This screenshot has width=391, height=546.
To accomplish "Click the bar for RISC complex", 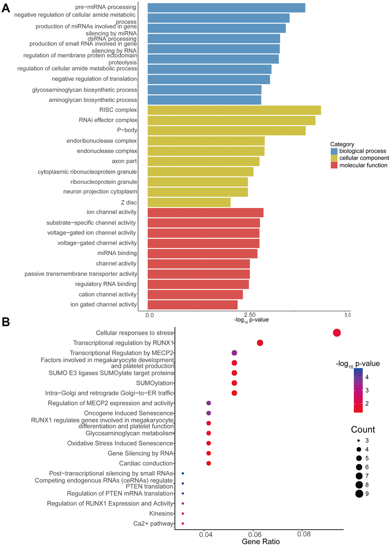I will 234,110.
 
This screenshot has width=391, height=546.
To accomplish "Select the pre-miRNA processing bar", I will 226,8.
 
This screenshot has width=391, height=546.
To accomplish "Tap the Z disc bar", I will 189,202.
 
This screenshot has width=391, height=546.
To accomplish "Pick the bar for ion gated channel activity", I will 192,305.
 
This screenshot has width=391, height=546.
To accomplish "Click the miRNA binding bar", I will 202,253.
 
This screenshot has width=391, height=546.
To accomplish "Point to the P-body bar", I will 226,130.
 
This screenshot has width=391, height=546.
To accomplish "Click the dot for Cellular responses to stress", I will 337,333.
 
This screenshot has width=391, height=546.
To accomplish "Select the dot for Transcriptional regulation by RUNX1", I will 260,343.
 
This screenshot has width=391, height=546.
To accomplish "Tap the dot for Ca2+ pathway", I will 183,523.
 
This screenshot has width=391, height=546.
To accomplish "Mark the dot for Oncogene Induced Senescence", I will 209,413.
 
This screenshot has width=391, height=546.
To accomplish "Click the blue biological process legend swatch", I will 334,151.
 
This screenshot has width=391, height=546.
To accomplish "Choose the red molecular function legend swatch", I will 334,165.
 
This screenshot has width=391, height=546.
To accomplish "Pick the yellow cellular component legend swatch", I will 334,158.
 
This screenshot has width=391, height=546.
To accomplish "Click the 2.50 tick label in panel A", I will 250,315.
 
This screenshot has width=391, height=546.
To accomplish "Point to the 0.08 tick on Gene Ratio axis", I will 302,534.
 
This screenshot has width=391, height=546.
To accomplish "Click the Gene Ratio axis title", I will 261,541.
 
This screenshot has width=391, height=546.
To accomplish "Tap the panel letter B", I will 6,322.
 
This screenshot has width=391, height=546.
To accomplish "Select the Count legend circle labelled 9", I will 359,494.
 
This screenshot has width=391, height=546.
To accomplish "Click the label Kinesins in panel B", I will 161,513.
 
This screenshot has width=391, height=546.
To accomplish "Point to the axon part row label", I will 124,161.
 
